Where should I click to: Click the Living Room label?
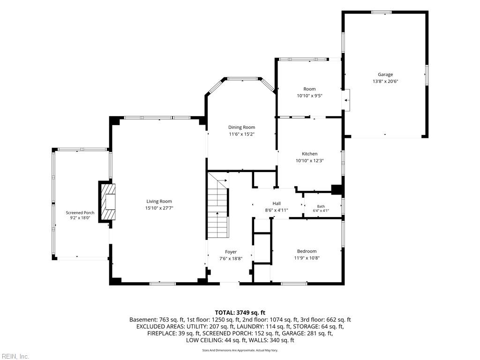(x=159, y=201)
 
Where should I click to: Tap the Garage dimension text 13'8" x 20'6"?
(x=385, y=82)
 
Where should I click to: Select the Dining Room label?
(x=241, y=127)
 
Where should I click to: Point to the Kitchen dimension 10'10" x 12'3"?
(x=309, y=161)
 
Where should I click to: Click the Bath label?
(x=321, y=206)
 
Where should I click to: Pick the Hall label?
(x=277, y=203)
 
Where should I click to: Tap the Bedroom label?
(x=307, y=251)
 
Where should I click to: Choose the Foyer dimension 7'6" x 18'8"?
(x=231, y=259)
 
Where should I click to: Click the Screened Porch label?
(x=80, y=213)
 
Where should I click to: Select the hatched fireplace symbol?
(x=107, y=202)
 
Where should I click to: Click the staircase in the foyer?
(x=218, y=205)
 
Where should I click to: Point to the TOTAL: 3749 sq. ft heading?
(x=240, y=313)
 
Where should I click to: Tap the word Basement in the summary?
(x=142, y=320)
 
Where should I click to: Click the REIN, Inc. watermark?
(x=15, y=356)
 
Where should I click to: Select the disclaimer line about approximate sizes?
(x=240, y=350)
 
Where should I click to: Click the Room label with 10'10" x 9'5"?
(x=309, y=89)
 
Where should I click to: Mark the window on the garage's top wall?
(x=381, y=12)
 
